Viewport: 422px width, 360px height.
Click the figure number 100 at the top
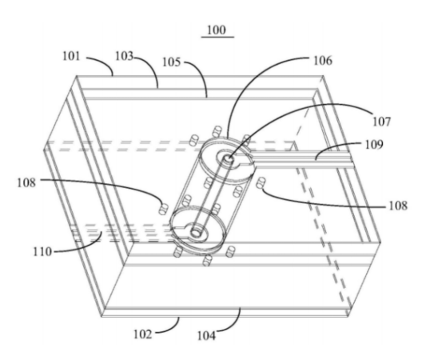coord(217,30)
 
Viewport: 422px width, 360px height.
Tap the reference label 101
coord(71,56)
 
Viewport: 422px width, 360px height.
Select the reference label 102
coord(143,334)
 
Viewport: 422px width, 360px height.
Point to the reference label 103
coord(124,56)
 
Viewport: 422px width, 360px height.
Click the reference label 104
coord(207,336)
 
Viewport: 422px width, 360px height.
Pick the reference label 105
coord(171,62)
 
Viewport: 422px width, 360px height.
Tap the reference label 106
coord(323,61)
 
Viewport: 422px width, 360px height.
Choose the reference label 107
coord(381,122)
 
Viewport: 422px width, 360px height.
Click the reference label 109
coord(374,145)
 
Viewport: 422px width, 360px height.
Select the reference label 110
coord(42,252)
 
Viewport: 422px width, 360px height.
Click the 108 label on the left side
coord(26,182)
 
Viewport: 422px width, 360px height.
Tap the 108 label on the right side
coord(398,206)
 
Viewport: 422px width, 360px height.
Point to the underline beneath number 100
coord(217,37)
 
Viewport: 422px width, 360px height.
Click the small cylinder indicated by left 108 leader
coord(163,209)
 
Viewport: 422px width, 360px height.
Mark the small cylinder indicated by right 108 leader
coord(261,183)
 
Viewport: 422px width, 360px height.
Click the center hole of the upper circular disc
coord(229,158)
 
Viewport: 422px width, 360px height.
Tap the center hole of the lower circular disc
coord(196,233)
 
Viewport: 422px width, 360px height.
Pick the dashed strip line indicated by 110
coord(121,232)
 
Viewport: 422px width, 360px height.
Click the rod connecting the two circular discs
coord(213,195)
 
